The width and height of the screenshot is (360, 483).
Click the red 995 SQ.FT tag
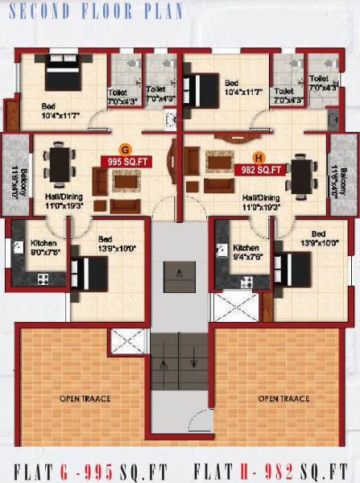tap(124, 161)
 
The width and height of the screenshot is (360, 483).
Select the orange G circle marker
tap(124, 149)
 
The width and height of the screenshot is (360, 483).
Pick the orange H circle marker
tap(259, 158)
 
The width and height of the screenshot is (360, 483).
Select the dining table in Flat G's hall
tap(59, 164)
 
